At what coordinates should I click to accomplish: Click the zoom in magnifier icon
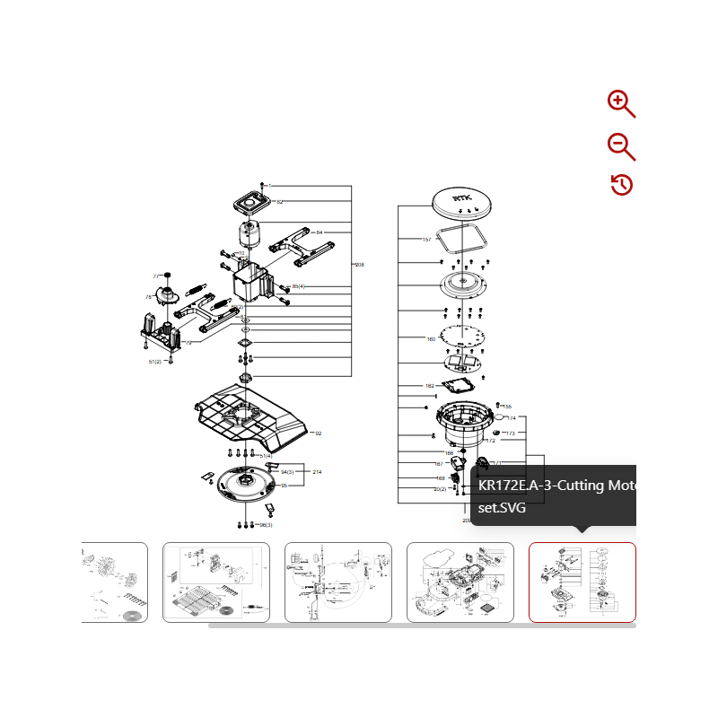(621, 104)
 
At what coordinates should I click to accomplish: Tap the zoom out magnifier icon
(621, 145)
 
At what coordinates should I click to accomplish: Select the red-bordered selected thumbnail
(582, 582)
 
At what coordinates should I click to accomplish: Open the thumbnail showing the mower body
(460, 582)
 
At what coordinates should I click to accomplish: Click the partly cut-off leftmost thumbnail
(114, 582)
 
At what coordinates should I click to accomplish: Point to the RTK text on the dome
(462, 199)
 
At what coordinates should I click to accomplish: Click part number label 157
(427, 240)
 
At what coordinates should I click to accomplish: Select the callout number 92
(317, 433)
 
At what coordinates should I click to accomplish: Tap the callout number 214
(316, 471)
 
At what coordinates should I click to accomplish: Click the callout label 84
(319, 232)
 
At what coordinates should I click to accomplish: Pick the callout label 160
(431, 339)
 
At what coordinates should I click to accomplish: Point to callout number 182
(429, 386)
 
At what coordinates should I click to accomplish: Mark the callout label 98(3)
(266, 524)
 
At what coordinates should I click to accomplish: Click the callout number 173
(510, 433)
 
